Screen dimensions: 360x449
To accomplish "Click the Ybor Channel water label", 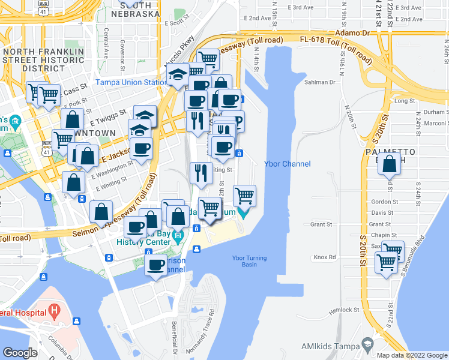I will click(x=288, y=164).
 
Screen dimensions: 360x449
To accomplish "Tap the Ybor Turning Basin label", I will click(x=244, y=261).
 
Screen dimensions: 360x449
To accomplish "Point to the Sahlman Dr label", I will click(x=319, y=82).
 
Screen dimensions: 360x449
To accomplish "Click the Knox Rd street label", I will click(x=324, y=257).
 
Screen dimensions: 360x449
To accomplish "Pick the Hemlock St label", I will click(x=344, y=310).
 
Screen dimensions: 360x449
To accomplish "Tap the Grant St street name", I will click(x=322, y=225).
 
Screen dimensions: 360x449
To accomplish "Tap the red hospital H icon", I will click(x=55, y=311).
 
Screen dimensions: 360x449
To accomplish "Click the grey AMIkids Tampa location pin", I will click(x=367, y=344).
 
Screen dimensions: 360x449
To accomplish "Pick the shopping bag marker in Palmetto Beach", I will click(x=390, y=163).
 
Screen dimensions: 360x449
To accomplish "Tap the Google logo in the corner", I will click(x=20, y=352).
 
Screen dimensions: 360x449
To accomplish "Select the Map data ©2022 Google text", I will click(x=411, y=355).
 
